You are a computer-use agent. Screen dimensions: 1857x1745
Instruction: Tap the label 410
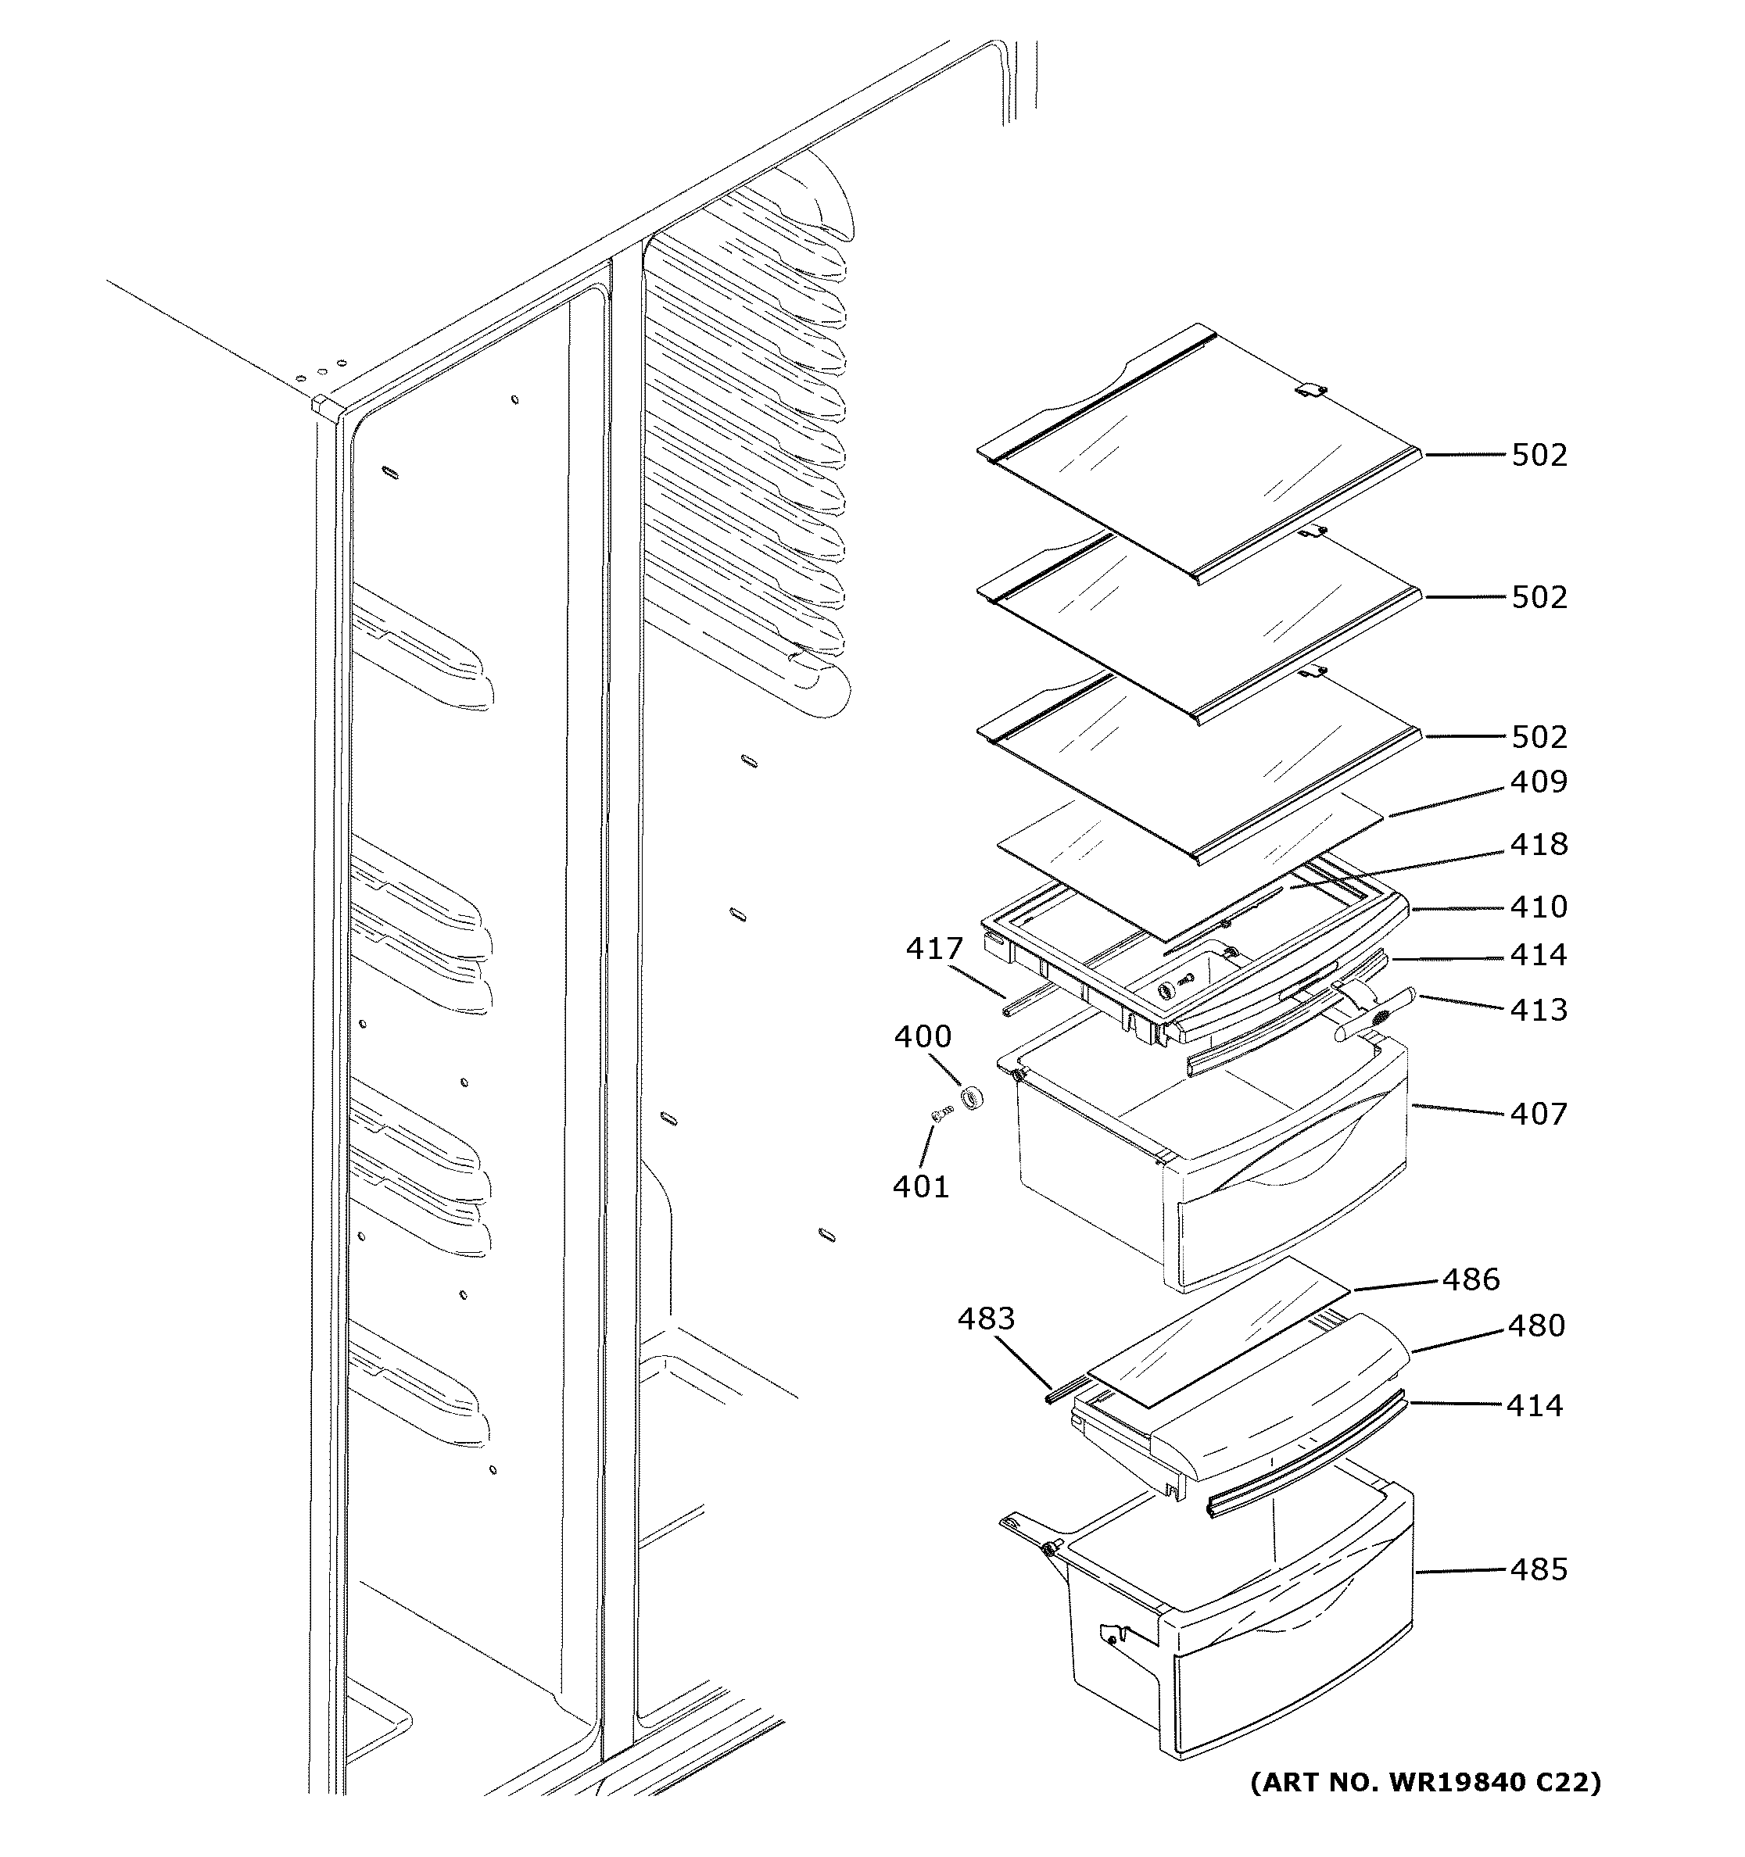[x=1539, y=907]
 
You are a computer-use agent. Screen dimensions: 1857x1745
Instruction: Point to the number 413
[x=1539, y=1010]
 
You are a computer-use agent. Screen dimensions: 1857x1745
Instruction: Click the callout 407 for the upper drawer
[x=1539, y=1114]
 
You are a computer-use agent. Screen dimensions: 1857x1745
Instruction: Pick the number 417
[x=933, y=949]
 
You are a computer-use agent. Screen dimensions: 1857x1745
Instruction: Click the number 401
[x=920, y=1186]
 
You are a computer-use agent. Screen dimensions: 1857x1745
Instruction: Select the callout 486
[x=1471, y=1279]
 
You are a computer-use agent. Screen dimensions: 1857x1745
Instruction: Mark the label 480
[x=1535, y=1326]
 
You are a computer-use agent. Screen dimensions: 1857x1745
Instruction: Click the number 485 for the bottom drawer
[x=1539, y=1569]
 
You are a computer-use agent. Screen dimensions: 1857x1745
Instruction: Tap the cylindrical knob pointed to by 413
[x=1375, y=1014]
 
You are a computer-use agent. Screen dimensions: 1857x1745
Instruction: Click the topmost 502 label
[x=1539, y=455]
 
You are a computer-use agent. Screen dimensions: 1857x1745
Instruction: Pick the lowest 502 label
[x=1539, y=737]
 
